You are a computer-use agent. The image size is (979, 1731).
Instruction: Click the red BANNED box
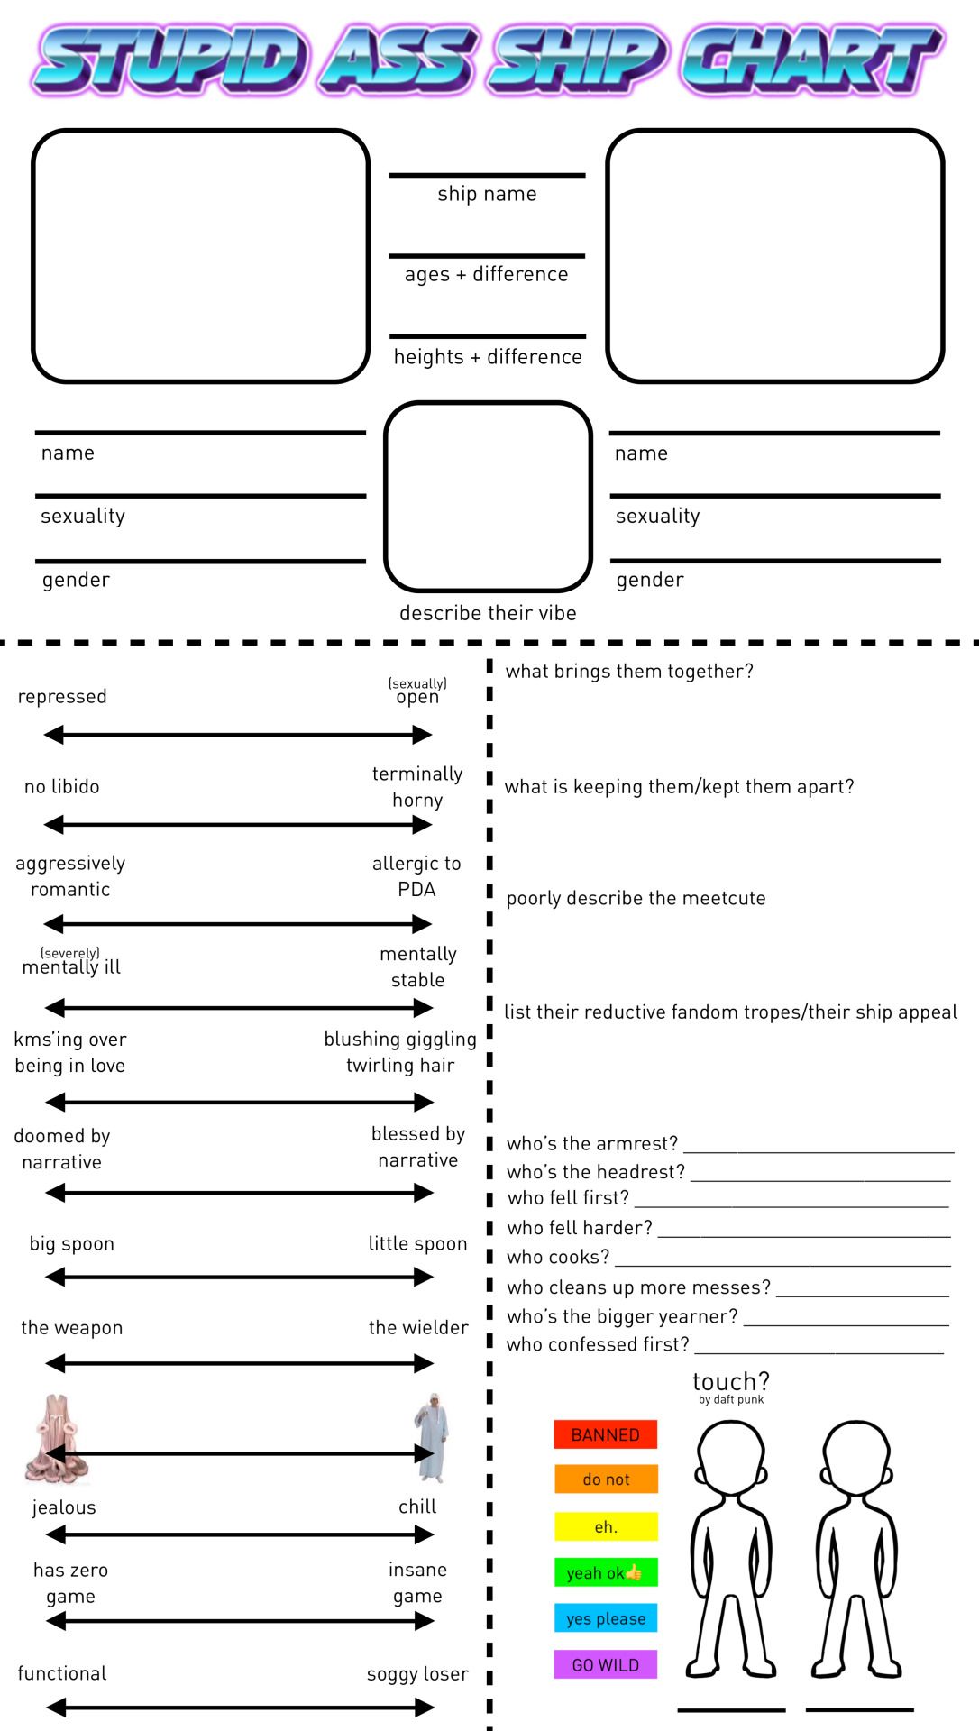click(x=605, y=1434)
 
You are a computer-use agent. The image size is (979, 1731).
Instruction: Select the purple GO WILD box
click(x=605, y=1664)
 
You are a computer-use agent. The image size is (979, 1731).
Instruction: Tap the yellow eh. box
click(x=605, y=1526)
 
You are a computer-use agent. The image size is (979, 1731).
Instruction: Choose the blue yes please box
click(x=605, y=1618)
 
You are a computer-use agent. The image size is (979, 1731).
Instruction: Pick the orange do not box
click(x=605, y=1479)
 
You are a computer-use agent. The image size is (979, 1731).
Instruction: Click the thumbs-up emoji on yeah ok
click(x=634, y=1572)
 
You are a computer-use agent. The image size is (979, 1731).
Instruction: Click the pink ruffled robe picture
click(x=57, y=1439)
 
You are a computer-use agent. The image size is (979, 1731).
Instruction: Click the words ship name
click(x=487, y=194)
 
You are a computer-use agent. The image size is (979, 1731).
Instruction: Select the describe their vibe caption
click(x=488, y=613)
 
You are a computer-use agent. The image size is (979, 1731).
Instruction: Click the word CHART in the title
click(x=811, y=60)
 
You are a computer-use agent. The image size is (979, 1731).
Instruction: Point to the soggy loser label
click(x=417, y=1674)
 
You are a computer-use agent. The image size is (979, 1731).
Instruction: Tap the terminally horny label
click(x=417, y=786)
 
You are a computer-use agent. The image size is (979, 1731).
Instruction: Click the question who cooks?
click(x=558, y=1257)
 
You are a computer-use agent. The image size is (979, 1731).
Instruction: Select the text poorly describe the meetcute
click(x=636, y=898)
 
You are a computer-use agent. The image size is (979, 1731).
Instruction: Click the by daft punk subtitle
click(x=731, y=1399)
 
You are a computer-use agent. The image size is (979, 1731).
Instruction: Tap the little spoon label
click(x=417, y=1244)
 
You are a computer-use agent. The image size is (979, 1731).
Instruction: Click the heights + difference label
click(x=488, y=357)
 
